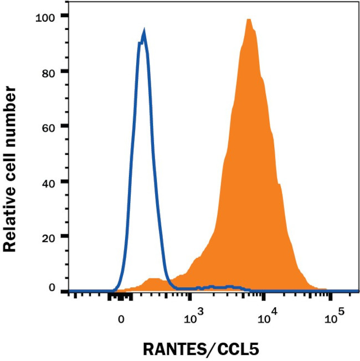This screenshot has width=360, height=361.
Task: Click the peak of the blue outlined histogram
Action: point(144,33)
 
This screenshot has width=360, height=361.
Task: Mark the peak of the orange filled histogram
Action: point(249,20)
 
